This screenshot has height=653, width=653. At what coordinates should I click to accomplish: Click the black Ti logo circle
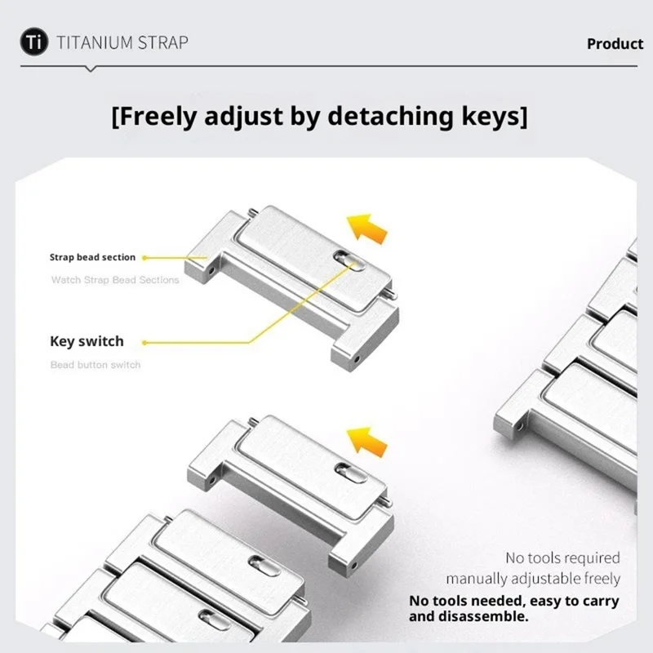[x=34, y=42]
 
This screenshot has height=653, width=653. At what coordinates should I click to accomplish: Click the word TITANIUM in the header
[x=95, y=43]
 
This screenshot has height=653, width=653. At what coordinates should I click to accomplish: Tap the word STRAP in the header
[x=162, y=43]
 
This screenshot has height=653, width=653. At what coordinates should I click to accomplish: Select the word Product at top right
[x=615, y=44]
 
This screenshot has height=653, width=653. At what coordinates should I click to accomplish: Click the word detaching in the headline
[x=391, y=116]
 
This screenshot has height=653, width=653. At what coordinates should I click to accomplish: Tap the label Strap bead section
[x=92, y=257]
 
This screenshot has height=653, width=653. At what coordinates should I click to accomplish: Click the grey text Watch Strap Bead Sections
[x=115, y=280]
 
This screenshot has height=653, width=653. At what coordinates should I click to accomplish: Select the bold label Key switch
[x=87, y=341]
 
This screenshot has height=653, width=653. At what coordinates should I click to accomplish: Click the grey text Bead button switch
[x=96, y=365]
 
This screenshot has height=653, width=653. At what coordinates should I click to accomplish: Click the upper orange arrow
[x=366, y=229]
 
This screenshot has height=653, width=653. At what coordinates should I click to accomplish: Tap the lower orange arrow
[x=366, y=442]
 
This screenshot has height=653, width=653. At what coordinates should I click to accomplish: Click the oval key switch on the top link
[x=349, y=260]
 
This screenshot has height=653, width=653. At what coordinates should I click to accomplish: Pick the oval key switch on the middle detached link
[x=351, y=473]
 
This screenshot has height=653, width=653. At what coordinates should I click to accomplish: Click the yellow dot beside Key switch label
[x=144, y=343]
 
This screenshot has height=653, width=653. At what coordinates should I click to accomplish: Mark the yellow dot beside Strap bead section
[x=144, y=258]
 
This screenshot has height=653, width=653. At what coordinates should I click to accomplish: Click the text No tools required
[x=562, y=557]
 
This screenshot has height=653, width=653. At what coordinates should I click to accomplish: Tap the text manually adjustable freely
[x=533, y=579]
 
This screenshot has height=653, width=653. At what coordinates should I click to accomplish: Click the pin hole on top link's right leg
[x=357, y=358]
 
